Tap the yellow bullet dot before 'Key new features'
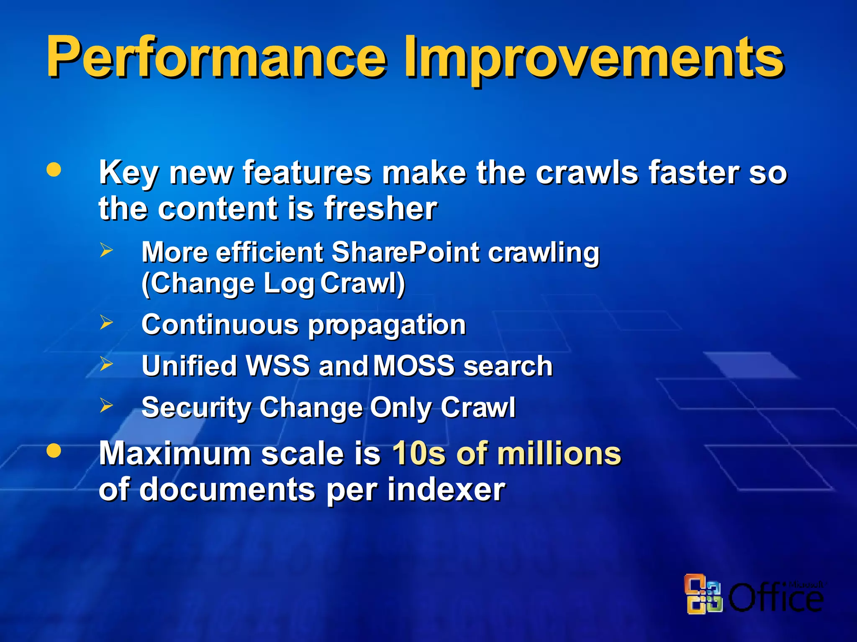tap(54, 170)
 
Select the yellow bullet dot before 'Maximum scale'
tap(54, 451)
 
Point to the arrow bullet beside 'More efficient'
tap(106, 250)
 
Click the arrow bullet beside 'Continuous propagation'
tap(106, 322)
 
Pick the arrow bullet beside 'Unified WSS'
tap(106, 364)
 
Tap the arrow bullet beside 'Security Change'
tap(106, 405)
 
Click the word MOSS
tap(413, 366)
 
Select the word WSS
tap(278, 366)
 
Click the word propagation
tap(387, 326)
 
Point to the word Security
tap(195, 408)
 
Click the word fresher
tap(381, 208)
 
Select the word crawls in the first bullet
tap(587, 172)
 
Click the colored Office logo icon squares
tap(703, 594)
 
